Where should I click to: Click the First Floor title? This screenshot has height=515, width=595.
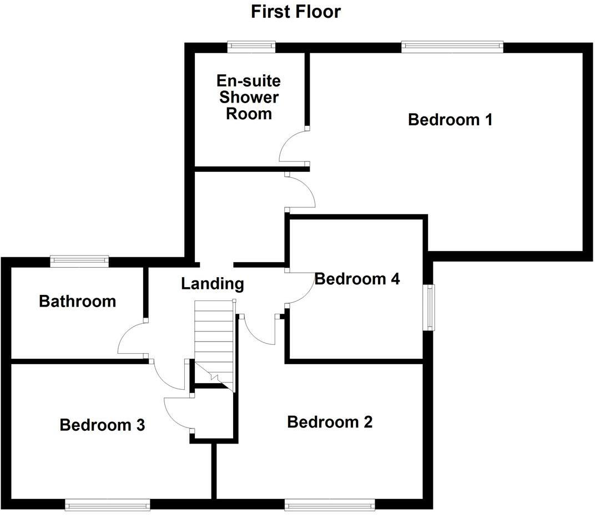pos(295,11)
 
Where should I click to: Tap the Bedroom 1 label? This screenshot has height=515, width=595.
pos(450,119)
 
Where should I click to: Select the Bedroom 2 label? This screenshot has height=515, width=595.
pos(330,422)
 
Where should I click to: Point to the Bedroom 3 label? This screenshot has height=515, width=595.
pos(102,425)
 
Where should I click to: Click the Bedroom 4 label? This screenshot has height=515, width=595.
pos(357,279)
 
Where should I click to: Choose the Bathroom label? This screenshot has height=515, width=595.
pos(78,302)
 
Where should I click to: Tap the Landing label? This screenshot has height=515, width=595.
pos(213,284)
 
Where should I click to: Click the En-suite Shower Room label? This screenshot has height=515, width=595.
pos(249,98)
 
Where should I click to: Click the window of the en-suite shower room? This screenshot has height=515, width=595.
pos(251,47)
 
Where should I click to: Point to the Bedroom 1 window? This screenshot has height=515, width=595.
pos(452,47)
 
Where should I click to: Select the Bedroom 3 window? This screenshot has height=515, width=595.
pos(107,504)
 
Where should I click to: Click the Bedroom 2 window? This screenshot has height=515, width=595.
pos(330,504)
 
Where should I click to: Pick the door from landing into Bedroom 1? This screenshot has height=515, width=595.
pos(300,191)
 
